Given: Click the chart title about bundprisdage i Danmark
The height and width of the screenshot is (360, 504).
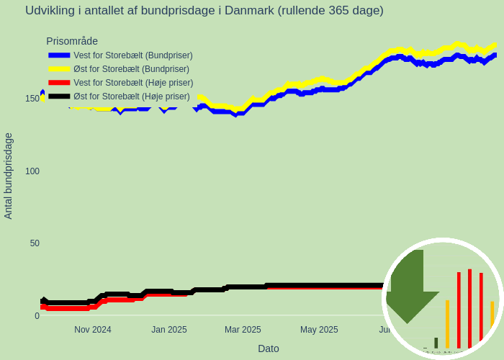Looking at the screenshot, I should pos(204,11).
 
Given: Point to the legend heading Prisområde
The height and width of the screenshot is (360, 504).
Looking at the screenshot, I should pos(72,41).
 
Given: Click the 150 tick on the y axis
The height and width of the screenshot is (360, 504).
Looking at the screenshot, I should pos(32,99).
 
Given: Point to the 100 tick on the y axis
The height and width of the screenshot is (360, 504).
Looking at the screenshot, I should pos(32,171).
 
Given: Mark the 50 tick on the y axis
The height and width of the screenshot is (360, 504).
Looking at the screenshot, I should pos(35,243).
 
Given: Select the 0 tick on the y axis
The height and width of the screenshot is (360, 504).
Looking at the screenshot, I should pos(37,316).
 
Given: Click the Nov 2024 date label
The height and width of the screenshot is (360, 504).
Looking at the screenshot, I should pos(93,330).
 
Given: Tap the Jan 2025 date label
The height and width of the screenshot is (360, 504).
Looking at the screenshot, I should pos(169,330).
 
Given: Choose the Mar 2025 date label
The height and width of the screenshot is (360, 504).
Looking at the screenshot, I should pos(243,330).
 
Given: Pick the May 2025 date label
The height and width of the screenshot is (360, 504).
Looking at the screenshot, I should pos(319,330).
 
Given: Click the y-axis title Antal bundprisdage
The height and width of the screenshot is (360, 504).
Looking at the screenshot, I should pos(9,176).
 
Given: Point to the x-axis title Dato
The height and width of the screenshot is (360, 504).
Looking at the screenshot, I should pos(269,348).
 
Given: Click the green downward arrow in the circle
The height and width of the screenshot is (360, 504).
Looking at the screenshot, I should pos(411,288).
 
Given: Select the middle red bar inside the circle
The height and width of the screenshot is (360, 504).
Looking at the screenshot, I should pos(469,308).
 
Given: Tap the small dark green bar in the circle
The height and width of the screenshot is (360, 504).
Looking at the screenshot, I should pos(436,343).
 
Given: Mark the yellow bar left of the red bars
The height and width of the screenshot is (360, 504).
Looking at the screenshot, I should pos(447,324).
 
